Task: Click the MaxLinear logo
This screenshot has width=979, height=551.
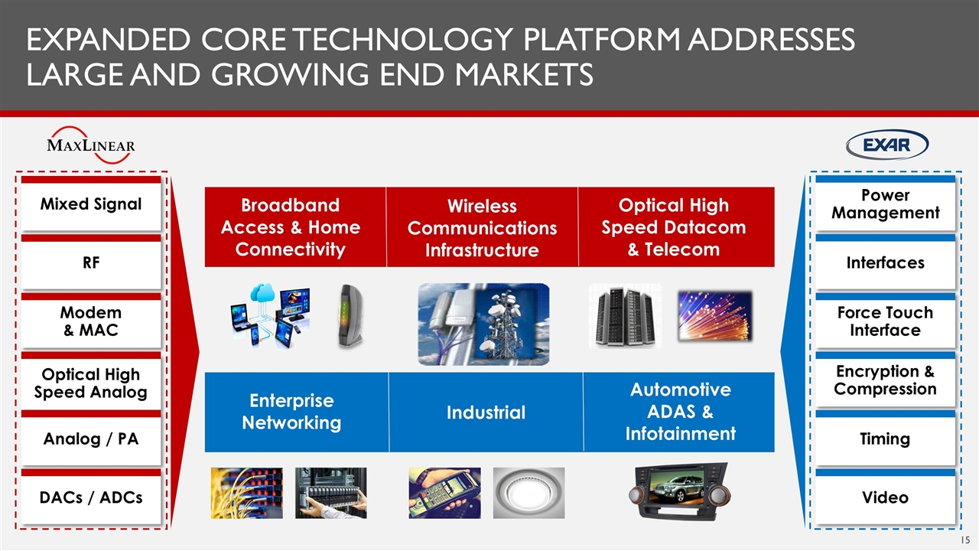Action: coord(91,145)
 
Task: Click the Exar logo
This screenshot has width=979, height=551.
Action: coord(886,145)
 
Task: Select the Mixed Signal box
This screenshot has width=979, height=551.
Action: coord(91,204)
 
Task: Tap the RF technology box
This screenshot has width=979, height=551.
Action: coord(91,262)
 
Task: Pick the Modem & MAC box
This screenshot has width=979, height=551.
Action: coord(91,321)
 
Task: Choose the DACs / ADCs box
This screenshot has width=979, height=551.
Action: coord(91,497)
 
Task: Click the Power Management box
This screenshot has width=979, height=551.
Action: coord(886,204)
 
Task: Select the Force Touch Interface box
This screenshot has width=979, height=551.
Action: coord(886,321)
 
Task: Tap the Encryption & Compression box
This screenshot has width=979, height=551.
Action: coord(886,380)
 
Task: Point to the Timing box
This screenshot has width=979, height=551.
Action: coord(886,439)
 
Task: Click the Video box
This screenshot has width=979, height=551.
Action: coord(886,497)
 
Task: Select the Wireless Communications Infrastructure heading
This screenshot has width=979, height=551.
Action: coord(482,227)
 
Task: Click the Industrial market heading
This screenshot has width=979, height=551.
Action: coord(486,412)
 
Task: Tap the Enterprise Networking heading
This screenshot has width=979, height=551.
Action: coord(291,412)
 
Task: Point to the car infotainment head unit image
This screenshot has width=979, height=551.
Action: coord(680,491)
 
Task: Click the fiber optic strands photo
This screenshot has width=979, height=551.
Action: coord(715,316)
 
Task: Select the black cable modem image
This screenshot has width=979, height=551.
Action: coord(350,316)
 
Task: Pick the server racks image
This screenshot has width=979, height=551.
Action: coord(626,316)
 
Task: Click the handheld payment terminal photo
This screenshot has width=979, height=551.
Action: coord(444,493)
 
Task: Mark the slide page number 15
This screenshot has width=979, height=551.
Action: coord(965,540)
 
